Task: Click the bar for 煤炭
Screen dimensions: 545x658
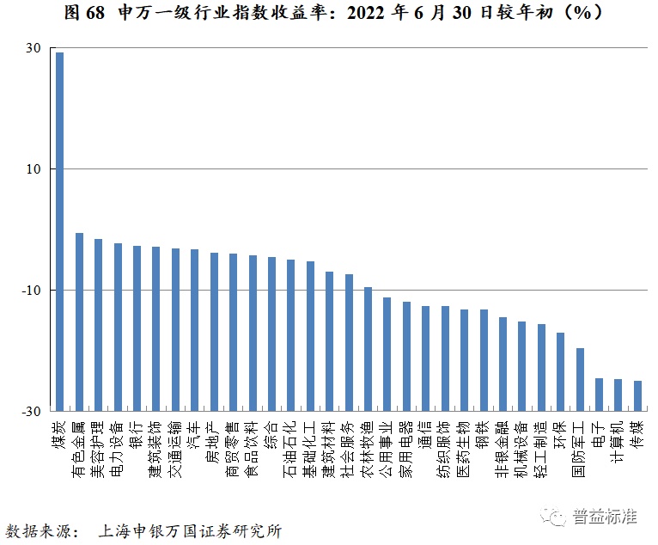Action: pos(59,231)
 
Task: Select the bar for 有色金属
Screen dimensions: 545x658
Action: pos(79,321)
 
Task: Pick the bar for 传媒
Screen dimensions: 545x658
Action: pos(637,395)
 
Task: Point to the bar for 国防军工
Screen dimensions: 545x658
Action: pos(580,379)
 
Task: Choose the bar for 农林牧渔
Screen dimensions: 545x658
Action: pos(368,349)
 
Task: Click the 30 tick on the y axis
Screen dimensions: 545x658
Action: pos(33,48)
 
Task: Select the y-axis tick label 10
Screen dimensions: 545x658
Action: pos(33,169)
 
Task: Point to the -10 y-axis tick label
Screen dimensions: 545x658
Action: pos(30,291)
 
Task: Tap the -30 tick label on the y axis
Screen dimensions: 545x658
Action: pos(30,412)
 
